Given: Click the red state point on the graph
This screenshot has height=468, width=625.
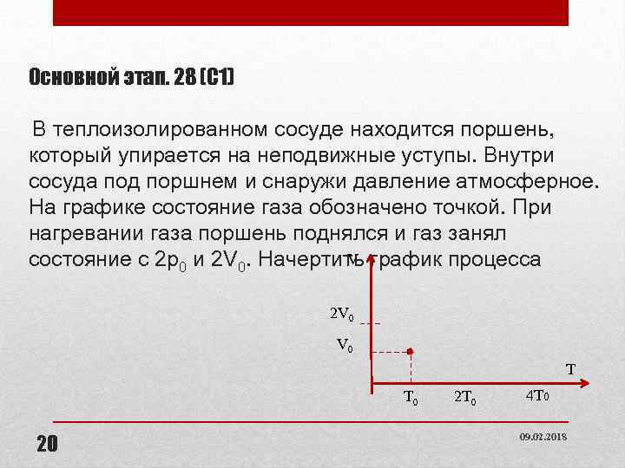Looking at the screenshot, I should (x=410, y=352).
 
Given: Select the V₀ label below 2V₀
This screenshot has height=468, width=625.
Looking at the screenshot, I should (x=345, y=345).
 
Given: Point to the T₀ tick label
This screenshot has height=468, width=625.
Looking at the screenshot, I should (x=411, y=399).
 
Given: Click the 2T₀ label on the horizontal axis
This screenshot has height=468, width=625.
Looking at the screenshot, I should (x=464, y=399).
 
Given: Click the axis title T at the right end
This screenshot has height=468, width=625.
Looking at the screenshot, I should (x=570, y=370).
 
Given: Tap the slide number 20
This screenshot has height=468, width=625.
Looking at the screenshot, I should (x=47, y=445).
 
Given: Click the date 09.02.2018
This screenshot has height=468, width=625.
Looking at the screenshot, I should (x=543, y=437).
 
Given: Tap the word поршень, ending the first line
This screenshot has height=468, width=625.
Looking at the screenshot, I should (x=503, y=129).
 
